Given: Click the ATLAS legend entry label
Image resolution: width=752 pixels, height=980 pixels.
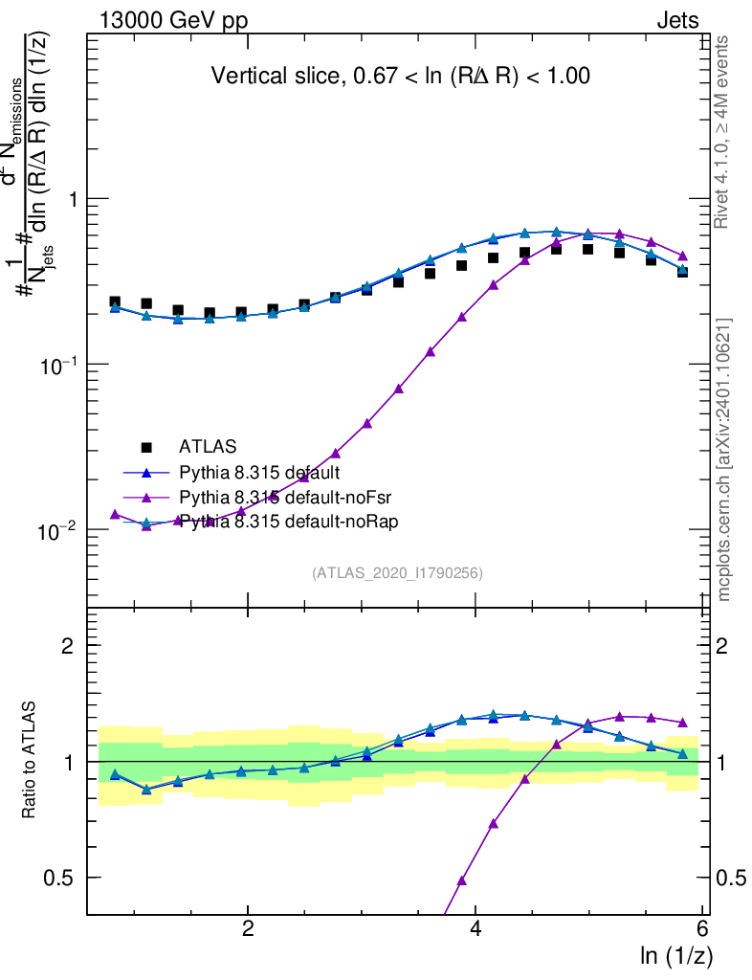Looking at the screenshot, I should (x=208, y=446).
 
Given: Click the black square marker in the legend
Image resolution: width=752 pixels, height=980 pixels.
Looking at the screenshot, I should (x=146, y=446).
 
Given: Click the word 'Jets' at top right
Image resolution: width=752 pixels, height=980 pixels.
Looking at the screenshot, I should (x=676, y=21).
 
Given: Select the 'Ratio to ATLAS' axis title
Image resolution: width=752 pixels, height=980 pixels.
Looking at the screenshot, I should (x=30, y=760).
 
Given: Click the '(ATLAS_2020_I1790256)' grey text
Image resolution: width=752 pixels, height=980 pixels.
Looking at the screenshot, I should (x=397, y=573).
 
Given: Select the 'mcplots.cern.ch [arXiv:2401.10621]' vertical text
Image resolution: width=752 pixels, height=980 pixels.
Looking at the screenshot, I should (x=724, y=459).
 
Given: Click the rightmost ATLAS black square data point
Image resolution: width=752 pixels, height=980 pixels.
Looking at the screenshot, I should (x=682, y=271).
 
